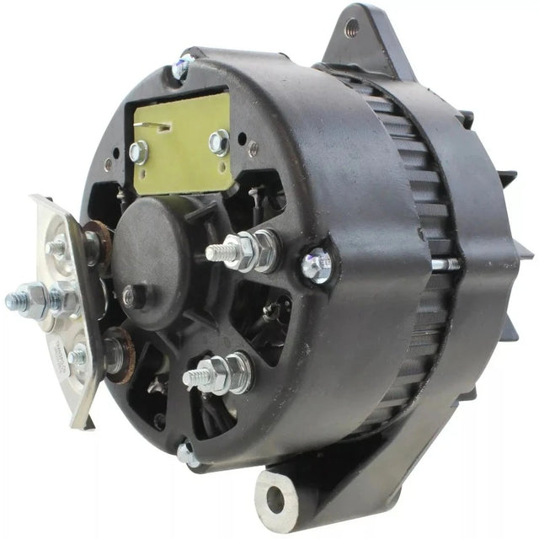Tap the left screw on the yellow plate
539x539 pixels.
139,152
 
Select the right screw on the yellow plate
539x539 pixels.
218,141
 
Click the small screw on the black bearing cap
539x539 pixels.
129,296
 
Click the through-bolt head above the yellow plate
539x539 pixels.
181,70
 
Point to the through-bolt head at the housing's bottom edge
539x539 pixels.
186,456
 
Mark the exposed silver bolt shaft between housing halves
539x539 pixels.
444,264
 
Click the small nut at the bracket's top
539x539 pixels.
57,248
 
